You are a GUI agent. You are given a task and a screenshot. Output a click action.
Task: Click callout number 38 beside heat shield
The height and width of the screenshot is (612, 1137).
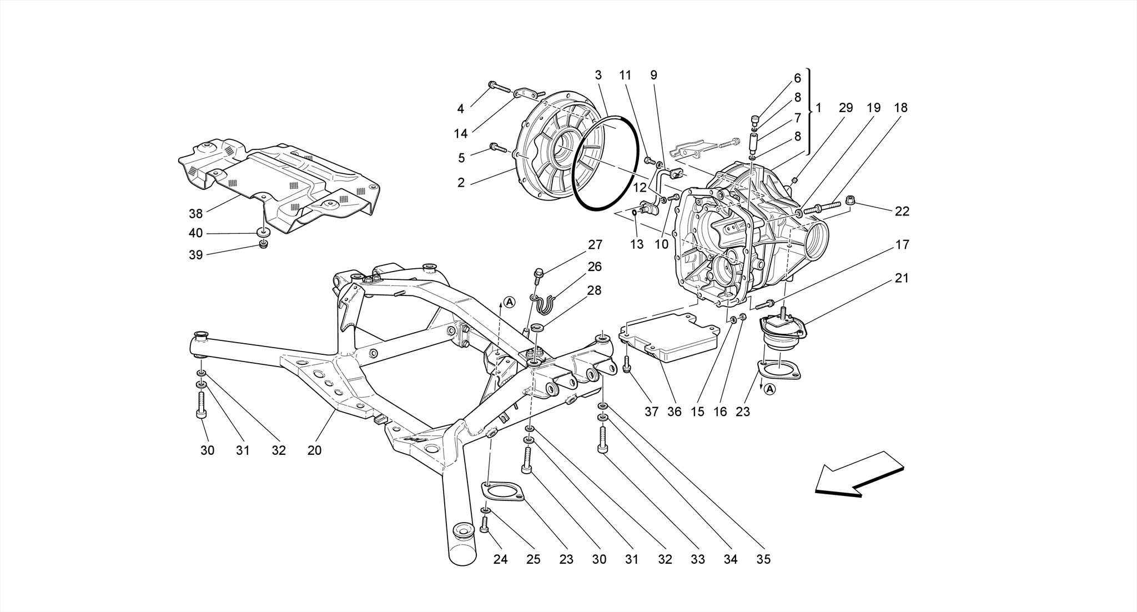pyautogui.click(x=195, y=213)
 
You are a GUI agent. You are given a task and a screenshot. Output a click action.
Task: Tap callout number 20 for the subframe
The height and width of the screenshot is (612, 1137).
pyautogui.click(x=314, y=450)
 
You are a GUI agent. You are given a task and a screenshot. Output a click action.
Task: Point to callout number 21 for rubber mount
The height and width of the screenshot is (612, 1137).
pyautogui.click(x=902, y=278)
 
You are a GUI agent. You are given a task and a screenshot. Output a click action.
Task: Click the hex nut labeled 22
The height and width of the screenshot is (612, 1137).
pyautogui.click(x=849, y=199)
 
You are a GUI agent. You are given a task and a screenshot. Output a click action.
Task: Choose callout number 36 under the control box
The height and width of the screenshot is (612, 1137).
pyautogui.click(x=673, y=412)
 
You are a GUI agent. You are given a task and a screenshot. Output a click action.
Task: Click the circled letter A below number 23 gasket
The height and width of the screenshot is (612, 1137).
pyautogui.click(x=769, y=389)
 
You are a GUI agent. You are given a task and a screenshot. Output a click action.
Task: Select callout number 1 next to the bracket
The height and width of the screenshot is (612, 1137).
pyautogui.click(x=819, y=108)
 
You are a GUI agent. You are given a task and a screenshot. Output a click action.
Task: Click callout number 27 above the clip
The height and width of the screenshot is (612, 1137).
pyautogui.click(x=595, y=244)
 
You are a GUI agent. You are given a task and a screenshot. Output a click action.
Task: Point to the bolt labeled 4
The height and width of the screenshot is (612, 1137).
pyautogui.click(x=499, y=87)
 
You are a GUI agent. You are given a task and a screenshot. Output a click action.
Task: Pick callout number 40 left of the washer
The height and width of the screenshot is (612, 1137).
pyautogui.click(x=195, y=233)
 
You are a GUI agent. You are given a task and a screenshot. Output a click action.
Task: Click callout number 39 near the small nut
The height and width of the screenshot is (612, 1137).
pyautogui.click(x=195, y=255)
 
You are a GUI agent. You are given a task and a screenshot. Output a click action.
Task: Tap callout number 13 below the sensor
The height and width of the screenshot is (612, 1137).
pyautogui.click(x=636, y=244)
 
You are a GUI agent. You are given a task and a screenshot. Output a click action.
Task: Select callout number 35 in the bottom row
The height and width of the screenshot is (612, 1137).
pyautogui.click(x=763, y=559)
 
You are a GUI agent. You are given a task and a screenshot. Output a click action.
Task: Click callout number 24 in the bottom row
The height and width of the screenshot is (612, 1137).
pyautogui.click(x=500, y=559)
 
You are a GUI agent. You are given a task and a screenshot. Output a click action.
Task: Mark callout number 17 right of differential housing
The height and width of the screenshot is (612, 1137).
pyautogui.click(x=902, y=244)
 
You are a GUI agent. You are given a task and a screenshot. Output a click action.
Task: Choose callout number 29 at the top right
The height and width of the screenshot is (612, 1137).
pyautogui.click(x=845, y=108)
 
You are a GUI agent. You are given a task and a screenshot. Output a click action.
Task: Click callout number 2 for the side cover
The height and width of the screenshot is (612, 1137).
pyautogui.click(x=461, y=183)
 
